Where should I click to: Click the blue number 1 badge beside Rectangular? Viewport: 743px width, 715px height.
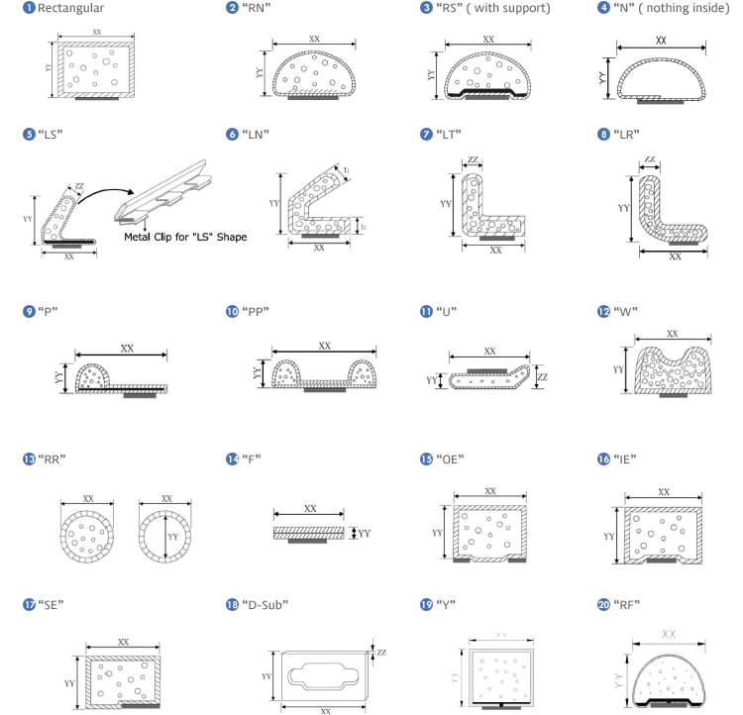(x=29, y=8)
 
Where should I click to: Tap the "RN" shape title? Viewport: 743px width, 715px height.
(x=256, y=8)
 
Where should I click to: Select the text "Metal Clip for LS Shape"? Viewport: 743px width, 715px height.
(x=185, y=237)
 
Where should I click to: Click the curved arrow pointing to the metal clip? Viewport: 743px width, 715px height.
(x=106, y=194)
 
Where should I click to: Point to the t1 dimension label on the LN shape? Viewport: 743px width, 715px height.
(x=347, y=169)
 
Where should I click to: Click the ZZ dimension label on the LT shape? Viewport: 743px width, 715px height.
(x=473, y=159)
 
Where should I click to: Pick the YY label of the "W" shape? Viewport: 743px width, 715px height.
(x=618, y=369)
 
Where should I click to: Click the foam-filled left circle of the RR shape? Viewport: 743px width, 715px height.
(x=87, y=537)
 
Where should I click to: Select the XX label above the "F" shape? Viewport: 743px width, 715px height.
(x=310, y=508)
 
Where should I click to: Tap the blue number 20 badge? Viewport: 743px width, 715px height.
(x=603, y=605)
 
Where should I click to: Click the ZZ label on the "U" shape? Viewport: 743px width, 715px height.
(x=543, y=377)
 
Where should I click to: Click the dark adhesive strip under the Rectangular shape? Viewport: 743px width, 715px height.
(x=97, y=99)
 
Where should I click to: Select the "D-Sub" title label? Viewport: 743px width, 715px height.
(x=265, y=605)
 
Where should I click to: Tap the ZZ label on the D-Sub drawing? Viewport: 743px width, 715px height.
(x=381, y=653)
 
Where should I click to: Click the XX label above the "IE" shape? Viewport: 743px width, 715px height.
(x=664, y=492)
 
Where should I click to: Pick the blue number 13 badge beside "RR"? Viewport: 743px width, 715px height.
(x=29, y=459)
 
